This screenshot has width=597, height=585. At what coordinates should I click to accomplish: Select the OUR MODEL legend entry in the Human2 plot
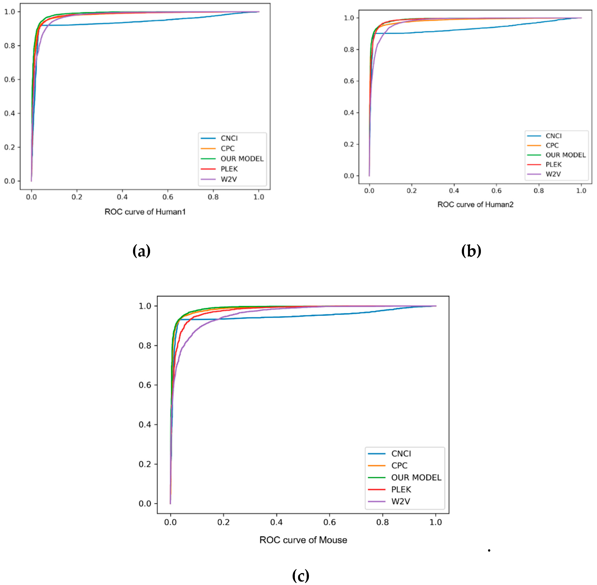tap(565, 155)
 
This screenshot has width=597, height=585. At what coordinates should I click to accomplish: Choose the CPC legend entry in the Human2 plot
tap(552, 145)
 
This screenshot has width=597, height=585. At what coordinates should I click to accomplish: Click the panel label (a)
tap(141, 251)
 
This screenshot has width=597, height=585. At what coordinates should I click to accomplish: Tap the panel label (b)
tap(471, 251)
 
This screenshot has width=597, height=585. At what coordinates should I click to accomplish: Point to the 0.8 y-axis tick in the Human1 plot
tap(10, 46)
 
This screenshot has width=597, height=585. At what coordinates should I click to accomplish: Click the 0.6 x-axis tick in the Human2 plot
tap(496, 191)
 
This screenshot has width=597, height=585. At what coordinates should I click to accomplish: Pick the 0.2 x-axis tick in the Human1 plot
tap(77, 197)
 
